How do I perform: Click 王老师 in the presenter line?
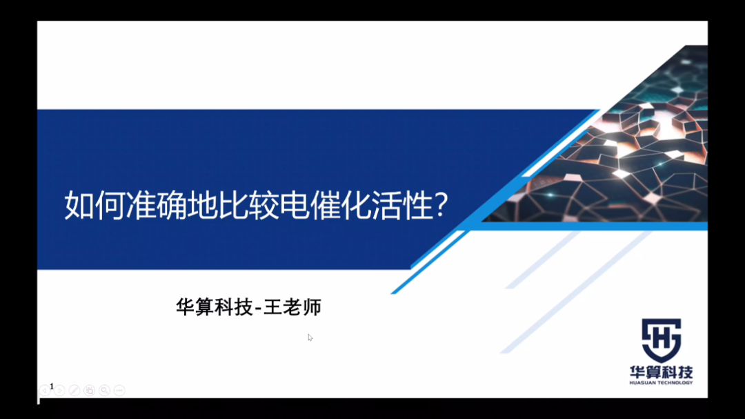292,307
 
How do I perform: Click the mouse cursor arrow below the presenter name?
310,337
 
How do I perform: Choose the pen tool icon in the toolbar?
74,391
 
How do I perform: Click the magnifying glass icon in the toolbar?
104,391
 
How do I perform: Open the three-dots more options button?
119,391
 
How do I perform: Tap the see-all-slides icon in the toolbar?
89,391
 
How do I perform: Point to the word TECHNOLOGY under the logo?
675,382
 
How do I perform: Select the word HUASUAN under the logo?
643,382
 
